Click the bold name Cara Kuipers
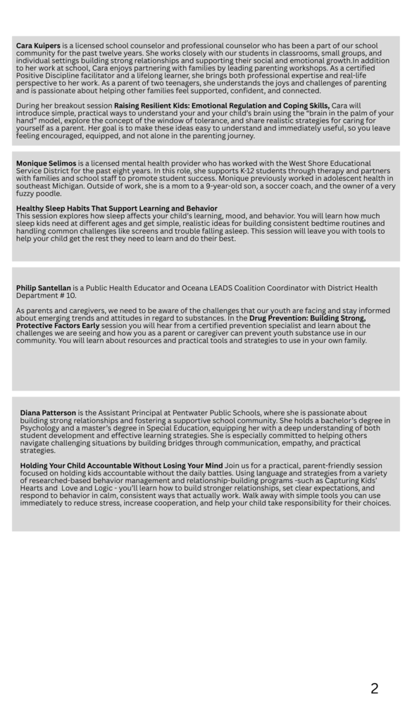click(x=38, y=46)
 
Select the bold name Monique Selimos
click(x=46, y=163)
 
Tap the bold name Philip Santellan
click(x=44, y=288)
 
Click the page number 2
click(x=374, y=689)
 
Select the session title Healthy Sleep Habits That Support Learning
click(x=116, y=208)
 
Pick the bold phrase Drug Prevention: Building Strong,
click(x=307, y=318)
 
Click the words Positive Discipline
click(x=46, y=76)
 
